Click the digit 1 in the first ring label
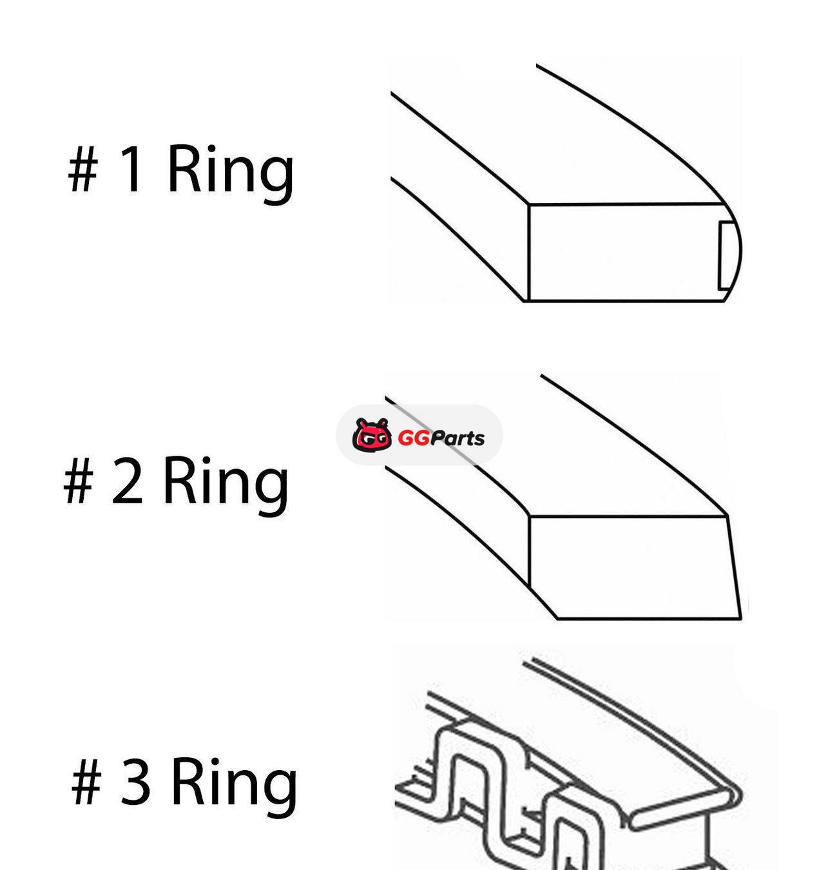pos(131,169)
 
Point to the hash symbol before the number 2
pos(79,481)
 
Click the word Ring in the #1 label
pos(231,175)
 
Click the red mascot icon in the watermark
pos(372,434)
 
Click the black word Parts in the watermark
pos(457,438)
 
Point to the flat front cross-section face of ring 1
pos(621,253)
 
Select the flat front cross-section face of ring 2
pos(630,567)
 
